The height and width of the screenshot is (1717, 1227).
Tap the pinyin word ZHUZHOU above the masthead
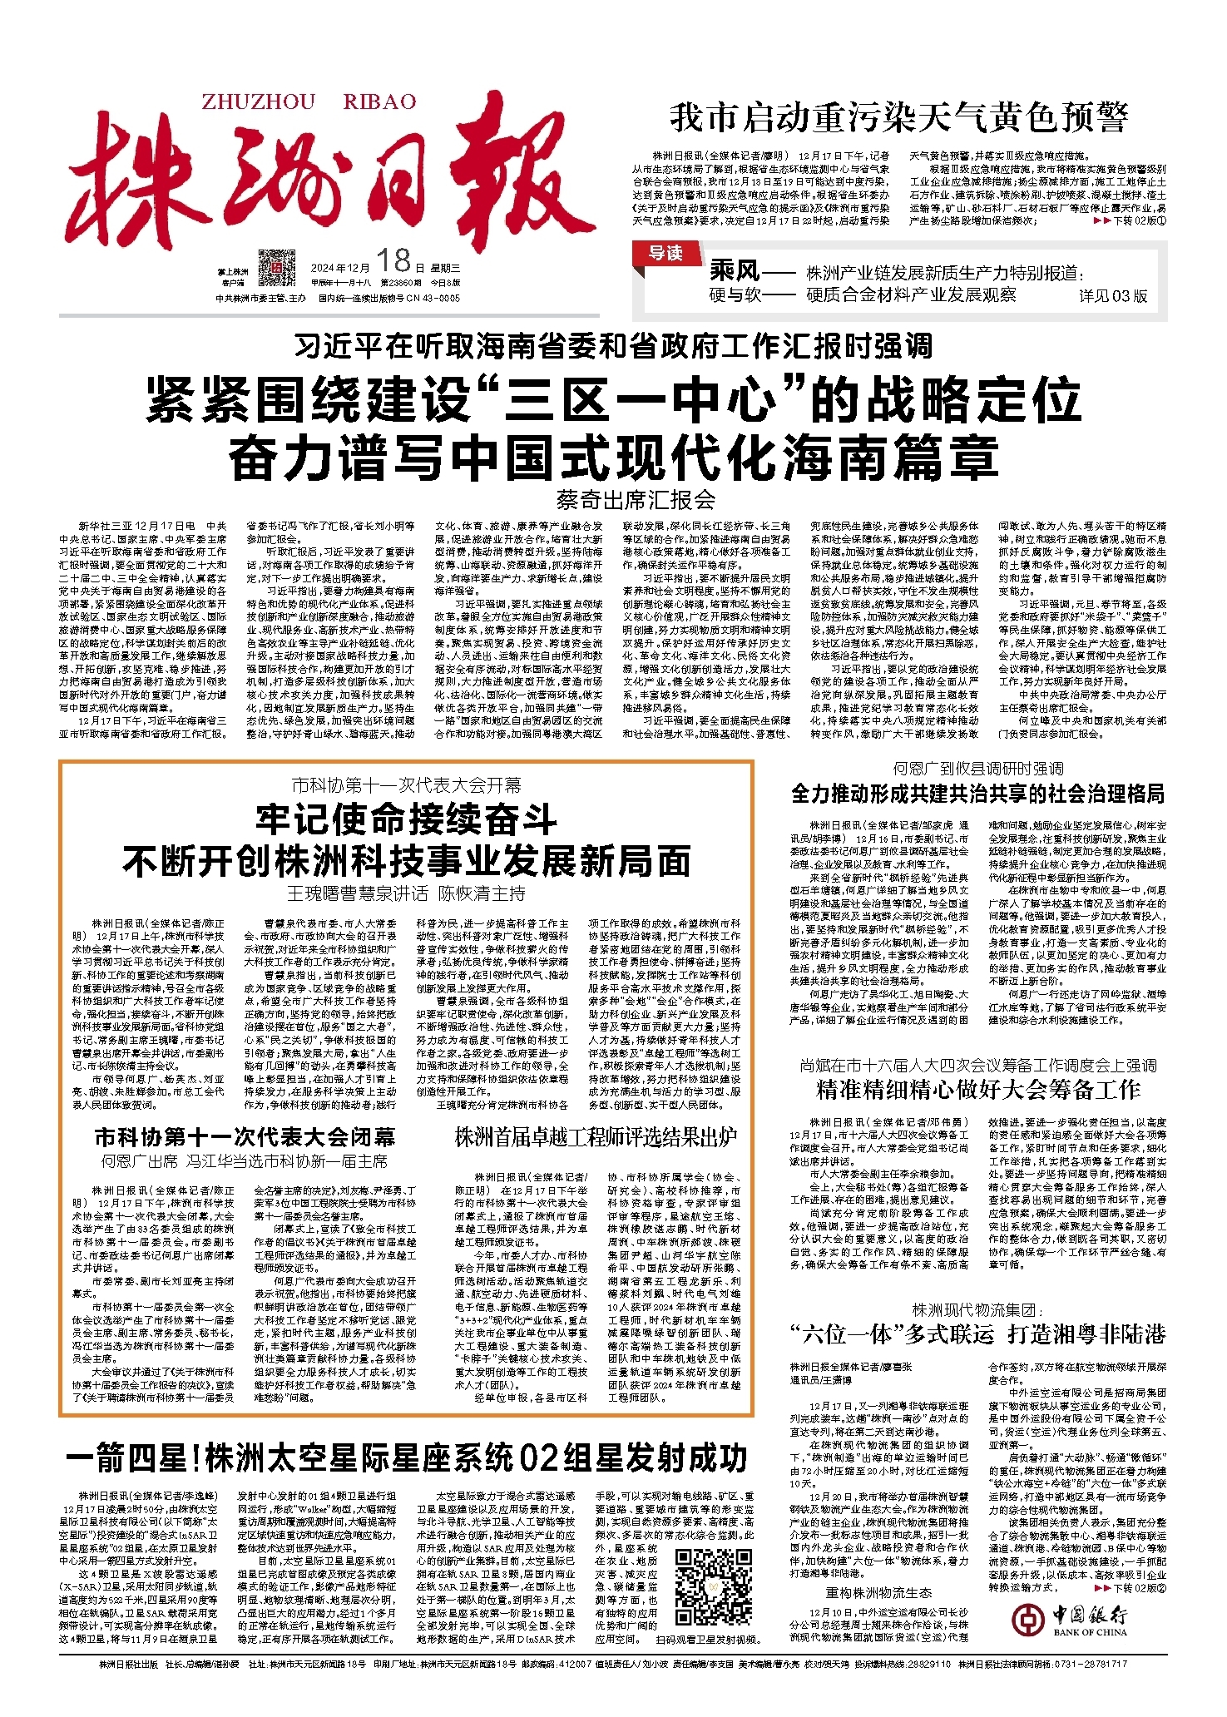coord(259,102)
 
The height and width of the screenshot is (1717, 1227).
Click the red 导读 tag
coord(665,253)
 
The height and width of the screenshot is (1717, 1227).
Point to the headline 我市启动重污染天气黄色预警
coord(898,118)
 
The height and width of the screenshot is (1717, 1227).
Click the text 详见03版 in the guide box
coord(1113,295)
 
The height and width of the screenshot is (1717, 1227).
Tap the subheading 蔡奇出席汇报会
coord(636,500)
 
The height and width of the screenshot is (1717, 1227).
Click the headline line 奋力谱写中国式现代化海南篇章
coord(613,458)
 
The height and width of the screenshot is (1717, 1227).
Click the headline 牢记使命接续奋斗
coord(406,820)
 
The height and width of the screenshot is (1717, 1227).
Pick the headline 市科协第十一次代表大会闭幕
coord(245,1136)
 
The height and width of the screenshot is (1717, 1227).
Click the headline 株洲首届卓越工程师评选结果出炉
coord(596,1137)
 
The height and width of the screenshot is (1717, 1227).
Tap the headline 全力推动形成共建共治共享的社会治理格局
coord(977,794)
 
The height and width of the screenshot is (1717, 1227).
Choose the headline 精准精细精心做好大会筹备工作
coord(977,1090)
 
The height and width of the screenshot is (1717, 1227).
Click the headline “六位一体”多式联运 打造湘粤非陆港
coord(977,1334)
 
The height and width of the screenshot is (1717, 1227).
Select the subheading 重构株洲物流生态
coord(878,1593)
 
